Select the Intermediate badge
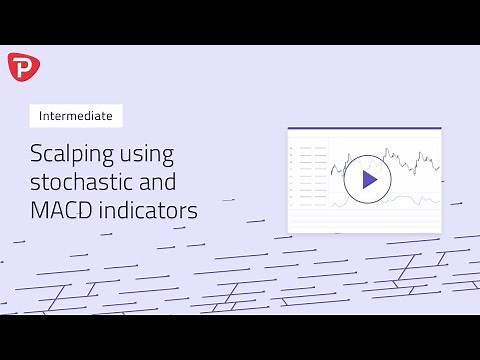[x=75, y=115]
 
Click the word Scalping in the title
[x=69, y=155]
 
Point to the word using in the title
[x=147, y=155]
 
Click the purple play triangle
[x=369, y=180]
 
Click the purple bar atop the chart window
[x=364, y=129]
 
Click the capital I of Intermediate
[x=40, y=115]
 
